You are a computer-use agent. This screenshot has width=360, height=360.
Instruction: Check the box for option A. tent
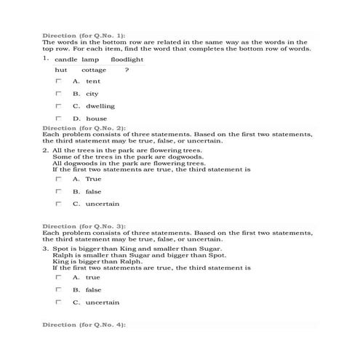tap(58, 81)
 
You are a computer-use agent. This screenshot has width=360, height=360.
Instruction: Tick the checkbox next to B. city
tap(58, 94)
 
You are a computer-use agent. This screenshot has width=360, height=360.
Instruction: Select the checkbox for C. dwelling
tap(58, 106)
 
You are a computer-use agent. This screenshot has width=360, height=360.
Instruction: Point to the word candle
tap(65, 59)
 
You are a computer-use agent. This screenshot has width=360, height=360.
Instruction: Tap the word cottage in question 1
tap(94, 71)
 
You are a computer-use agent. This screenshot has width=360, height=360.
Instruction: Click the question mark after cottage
tap(127, 71)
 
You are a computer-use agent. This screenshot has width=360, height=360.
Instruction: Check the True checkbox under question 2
tap(58, 179)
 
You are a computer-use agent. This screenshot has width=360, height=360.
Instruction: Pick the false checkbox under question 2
tap(58, 191)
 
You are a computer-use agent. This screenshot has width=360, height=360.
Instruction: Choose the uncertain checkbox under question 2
tap(58, 204)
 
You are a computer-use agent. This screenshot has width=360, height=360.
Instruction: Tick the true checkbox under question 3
tap(58, 277)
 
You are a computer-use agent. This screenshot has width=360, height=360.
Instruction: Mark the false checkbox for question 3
tap(58, 289)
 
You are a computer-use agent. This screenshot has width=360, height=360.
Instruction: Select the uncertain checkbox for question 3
tap(58, 302)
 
